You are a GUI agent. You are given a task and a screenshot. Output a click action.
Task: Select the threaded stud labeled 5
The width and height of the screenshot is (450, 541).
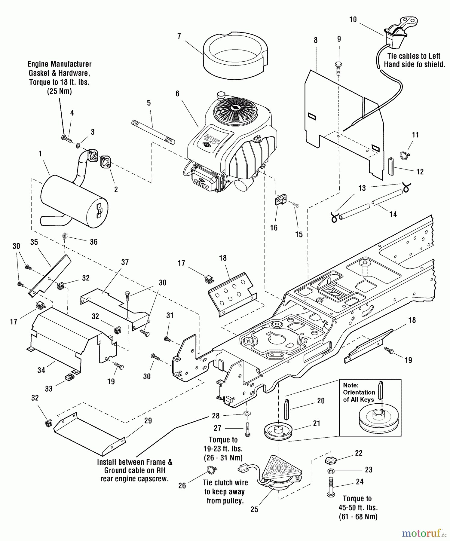tap(153, 131)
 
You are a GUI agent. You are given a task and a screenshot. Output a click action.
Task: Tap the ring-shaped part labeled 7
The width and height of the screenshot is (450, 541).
tap(235, 55)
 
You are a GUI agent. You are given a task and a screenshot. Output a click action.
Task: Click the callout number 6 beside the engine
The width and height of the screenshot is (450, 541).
tap(177, 94)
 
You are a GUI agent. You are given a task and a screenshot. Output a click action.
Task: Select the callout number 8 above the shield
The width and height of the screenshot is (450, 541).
tap(316, 40)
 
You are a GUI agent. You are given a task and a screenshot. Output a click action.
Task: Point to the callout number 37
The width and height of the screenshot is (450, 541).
tap(125, 262)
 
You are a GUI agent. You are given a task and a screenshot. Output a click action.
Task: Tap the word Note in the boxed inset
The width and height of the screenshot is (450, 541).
tap(351, 385)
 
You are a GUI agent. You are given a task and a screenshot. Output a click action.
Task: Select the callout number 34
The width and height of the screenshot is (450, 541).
tap(41, 370)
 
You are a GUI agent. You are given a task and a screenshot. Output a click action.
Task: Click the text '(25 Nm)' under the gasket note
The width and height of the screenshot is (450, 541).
tap(59, 92)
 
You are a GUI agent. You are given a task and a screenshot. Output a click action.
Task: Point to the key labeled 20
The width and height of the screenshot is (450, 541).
tap(286, 409)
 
